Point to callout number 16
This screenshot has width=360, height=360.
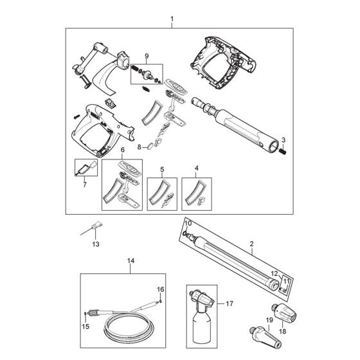[x=161, y=290]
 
